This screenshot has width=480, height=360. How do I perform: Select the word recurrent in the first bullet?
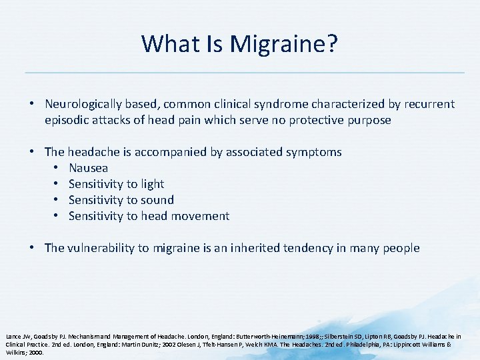429,104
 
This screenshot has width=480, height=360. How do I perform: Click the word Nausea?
88,168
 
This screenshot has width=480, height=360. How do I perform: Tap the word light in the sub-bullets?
151,184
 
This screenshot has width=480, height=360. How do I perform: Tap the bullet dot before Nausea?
57,168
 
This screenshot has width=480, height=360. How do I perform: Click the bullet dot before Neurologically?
32,104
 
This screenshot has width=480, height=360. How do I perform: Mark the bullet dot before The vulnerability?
32,248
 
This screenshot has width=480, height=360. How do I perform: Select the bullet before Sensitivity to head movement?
57,216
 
